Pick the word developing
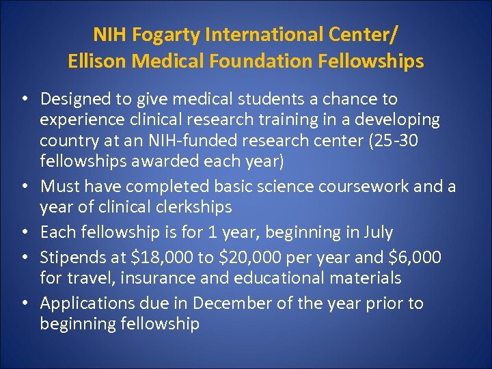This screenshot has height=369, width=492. (398, 120)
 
